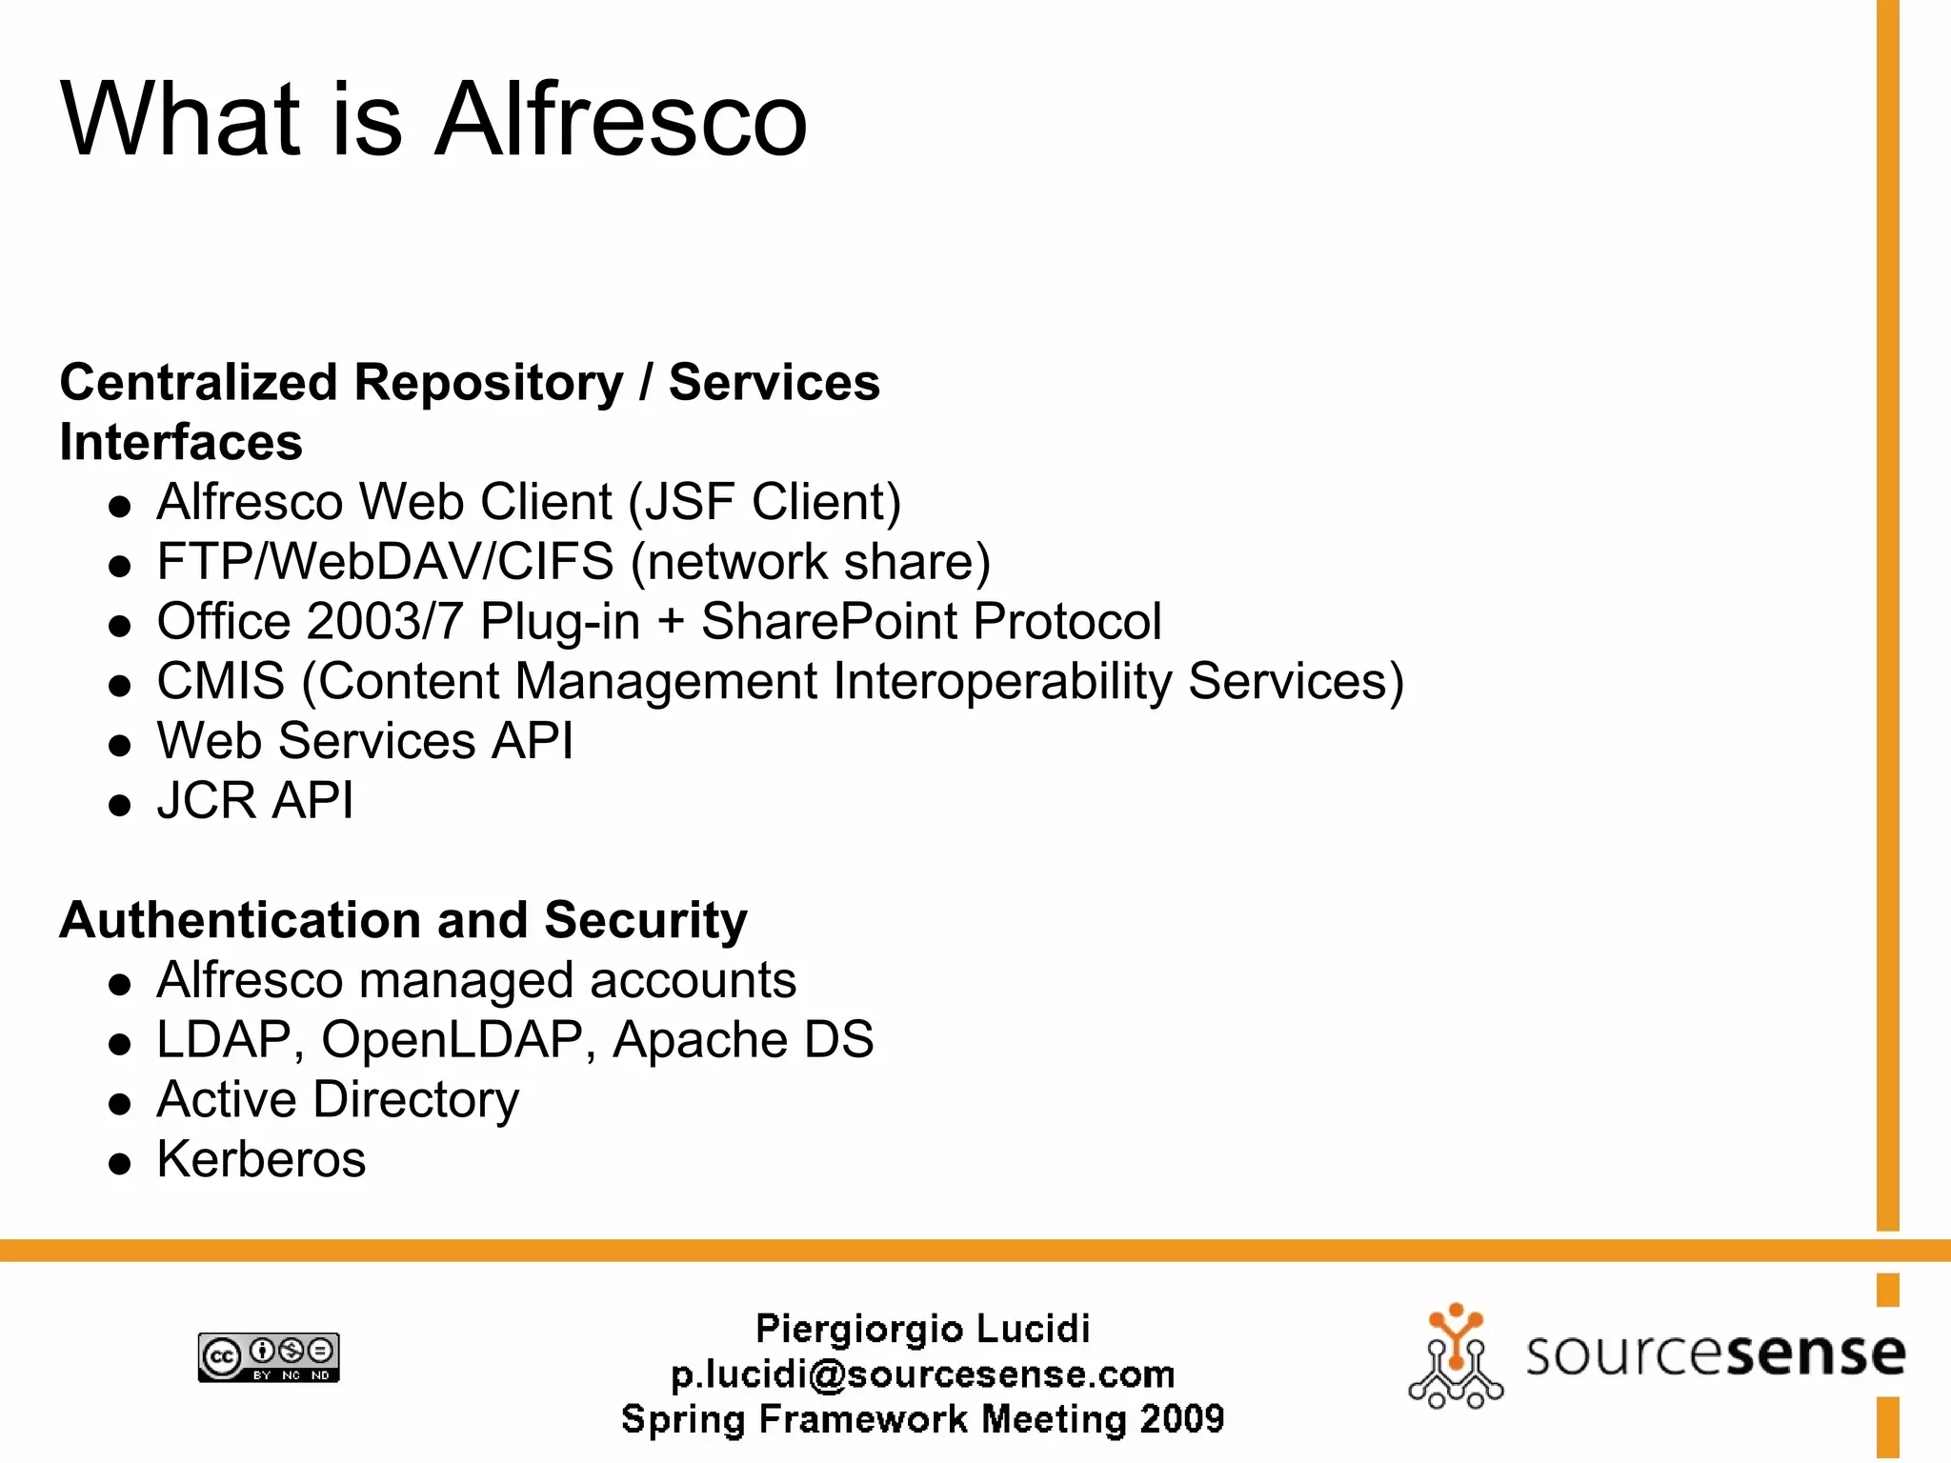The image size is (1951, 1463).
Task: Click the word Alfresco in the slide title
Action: pos(621,120)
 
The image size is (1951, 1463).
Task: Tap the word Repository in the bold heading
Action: pos(488,383)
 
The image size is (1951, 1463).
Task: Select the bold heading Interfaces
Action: pos(181,443)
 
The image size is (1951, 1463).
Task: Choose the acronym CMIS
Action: pos(220,682)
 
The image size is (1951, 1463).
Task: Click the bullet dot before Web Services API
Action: pos(119,745)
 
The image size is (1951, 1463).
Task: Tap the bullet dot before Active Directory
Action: pos(119,1104)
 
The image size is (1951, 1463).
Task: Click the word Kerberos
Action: pos(261,1160)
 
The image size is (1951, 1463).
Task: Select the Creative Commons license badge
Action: pos(269,1357)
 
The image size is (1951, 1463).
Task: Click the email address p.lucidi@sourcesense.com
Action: pos(922,1374)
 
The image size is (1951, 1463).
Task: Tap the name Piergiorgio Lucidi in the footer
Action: pos(922,1329)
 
